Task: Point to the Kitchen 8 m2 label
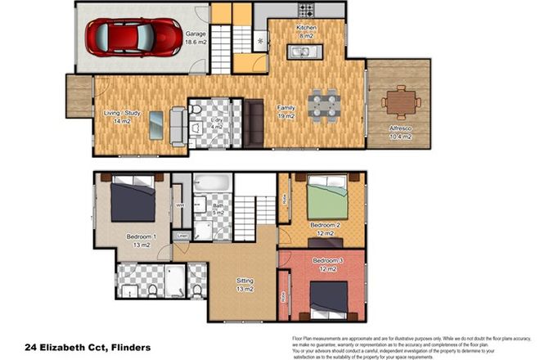306,32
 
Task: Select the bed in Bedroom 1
132,201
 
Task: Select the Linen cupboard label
182,236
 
